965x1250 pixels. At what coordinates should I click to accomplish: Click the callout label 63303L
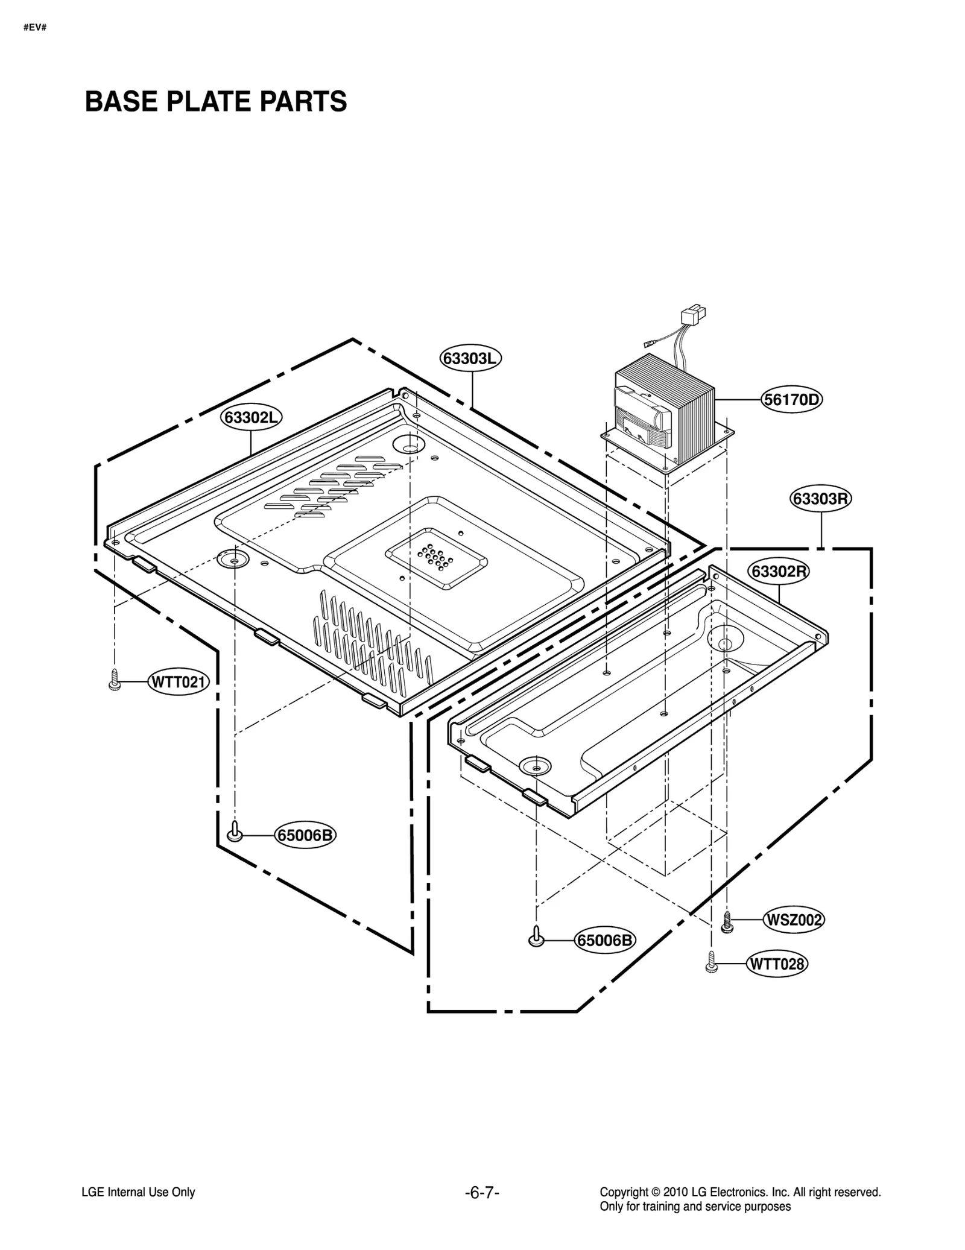click(x=470, y=358)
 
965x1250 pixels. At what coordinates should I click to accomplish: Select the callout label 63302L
click(x=251, y=417)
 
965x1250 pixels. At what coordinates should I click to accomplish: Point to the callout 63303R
click(x=820, y=499)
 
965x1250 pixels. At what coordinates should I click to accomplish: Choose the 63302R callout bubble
click(x=779, y=571)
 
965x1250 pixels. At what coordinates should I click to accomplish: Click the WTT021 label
click(x=179, y=683)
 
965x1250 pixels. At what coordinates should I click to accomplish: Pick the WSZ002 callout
click(x=793, y=920)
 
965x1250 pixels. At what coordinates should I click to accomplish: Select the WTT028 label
click(x=777, y=964)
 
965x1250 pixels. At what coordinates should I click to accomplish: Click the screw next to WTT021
click(x=114, y=681)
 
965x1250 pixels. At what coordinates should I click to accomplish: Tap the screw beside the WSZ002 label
click(x=727, y=921)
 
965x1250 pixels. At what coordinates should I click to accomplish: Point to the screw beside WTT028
click(x=711, y=962)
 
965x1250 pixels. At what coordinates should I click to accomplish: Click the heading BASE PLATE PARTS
click(x=216, y=101)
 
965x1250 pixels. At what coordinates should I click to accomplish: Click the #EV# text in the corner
click(x=35, y=28)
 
